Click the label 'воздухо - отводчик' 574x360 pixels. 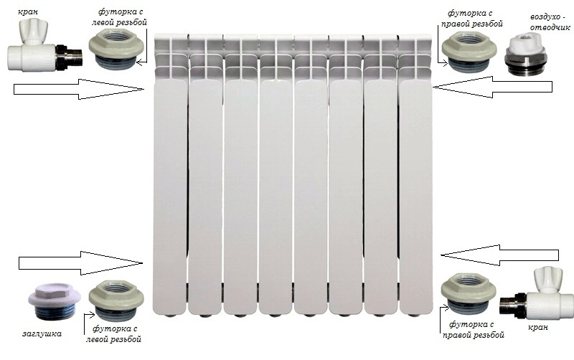pos(550,22)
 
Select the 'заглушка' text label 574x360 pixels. pos(42,333)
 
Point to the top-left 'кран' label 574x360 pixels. pos(28,11)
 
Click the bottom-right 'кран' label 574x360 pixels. pos(537,327)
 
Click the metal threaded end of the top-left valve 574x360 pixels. pos(70,57)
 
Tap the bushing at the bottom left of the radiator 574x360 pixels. pos(116,300)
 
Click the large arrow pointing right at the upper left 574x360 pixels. pos(79,89)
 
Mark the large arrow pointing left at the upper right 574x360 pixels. pos(492,87)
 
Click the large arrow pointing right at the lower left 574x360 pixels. pos(80,263)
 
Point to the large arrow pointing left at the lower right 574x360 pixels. pos(499,255)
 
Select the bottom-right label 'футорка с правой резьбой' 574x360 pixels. pos(473,329)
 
